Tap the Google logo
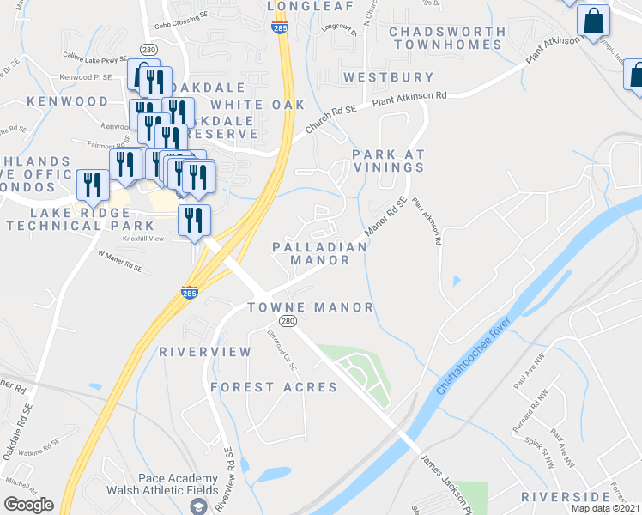[28, 505]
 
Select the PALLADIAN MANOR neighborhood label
[319, 253]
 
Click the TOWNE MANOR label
[311, 307]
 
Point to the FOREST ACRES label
[274, 387]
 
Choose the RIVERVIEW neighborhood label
[205, 352]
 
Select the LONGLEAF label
[299, 5]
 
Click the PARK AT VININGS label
[389, 161]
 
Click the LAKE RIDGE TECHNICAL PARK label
[68, 219]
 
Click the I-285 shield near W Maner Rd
[191, 292]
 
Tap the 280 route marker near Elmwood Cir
[288, 321]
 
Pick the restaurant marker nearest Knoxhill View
[194, 219]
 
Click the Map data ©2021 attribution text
[605, 508]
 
